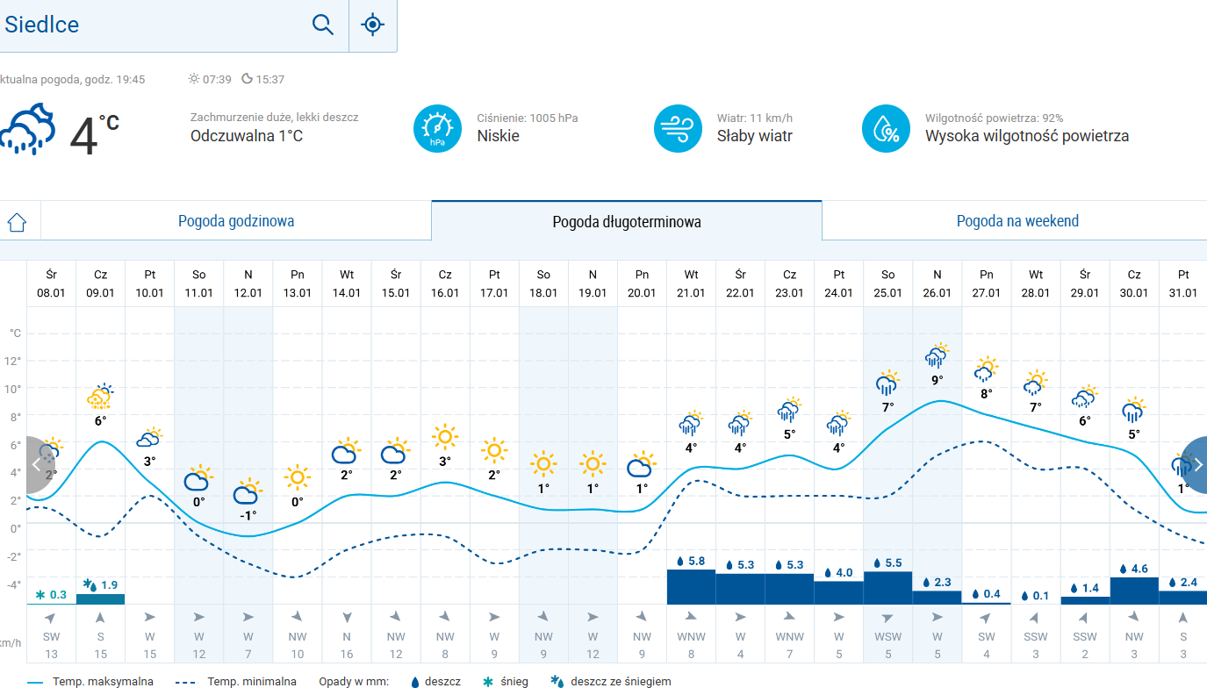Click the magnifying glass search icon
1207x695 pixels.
323,25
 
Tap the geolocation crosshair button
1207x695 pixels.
373,25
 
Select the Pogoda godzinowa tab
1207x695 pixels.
236,221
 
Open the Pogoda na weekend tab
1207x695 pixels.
1017,221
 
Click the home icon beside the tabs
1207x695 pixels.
17,222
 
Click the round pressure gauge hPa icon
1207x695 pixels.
437,128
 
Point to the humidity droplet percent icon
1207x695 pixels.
886,128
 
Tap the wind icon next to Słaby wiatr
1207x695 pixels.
678,128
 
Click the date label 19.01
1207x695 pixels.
593,293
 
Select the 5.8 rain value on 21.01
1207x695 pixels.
691,562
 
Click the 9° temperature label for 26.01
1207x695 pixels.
937,380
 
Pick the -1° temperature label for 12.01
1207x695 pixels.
248,515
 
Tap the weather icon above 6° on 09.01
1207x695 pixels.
101,397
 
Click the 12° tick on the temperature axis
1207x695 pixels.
14,361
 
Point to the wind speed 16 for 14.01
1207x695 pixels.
347,654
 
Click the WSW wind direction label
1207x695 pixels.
887,637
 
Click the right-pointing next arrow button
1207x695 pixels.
1196,464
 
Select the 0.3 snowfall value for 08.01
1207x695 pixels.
52,595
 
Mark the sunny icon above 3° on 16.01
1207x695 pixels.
445,436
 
